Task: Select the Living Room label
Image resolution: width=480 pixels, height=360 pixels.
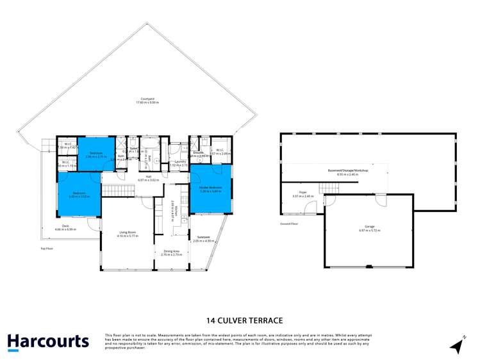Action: (x=128, y=235)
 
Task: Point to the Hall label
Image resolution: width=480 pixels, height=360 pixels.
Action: (x=148, y=178)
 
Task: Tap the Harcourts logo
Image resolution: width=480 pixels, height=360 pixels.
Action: (x=48, y=342)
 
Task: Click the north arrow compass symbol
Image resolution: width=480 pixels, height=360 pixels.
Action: (x=458, y=345)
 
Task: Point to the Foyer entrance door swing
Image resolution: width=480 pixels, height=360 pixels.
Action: (x=311, y=206)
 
